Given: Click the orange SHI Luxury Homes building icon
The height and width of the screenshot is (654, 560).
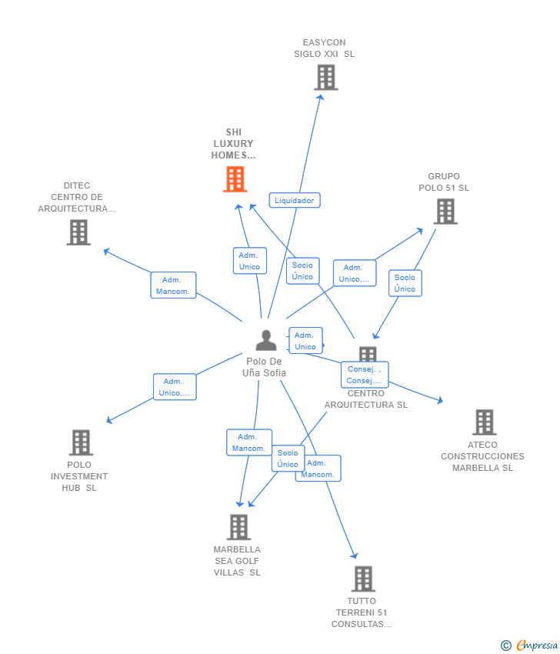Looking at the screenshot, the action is (x=235, y=179).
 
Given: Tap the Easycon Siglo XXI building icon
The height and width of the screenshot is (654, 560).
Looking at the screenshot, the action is (x=326, y=77).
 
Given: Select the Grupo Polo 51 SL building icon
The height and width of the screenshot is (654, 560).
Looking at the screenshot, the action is (x=445, y=211).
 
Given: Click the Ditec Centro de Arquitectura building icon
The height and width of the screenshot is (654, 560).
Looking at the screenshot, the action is (x=78, y=232).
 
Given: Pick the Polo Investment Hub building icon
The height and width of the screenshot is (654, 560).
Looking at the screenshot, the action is (x=81, y=442).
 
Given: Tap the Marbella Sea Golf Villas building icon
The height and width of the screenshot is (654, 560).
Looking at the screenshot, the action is (x=239, y=527).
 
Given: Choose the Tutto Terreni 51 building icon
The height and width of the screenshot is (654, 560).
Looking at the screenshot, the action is (x=363, y=579).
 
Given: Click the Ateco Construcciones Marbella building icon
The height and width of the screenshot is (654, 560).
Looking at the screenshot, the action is (x=484, y=422).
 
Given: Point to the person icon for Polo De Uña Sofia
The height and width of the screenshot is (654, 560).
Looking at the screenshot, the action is (x=266, y=340).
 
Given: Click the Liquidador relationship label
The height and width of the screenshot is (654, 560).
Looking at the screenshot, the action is (x=295, y=200).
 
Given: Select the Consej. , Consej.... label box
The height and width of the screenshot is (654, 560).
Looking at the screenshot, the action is (x=365, y=375).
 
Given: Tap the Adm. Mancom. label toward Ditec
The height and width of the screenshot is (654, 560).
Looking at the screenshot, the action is (x=173, y=285).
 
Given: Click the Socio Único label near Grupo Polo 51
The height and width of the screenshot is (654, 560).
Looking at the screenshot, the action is (x=405, y=283).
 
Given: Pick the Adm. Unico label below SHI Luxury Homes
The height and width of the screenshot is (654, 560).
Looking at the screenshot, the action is (x=250, y=261).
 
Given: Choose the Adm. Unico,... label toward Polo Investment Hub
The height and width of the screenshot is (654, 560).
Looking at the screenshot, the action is (x=175, y=387).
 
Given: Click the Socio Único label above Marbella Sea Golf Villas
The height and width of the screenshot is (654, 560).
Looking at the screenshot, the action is (x=288, y=459).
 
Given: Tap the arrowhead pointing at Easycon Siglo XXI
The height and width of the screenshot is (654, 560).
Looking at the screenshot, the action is (x=320, y=98).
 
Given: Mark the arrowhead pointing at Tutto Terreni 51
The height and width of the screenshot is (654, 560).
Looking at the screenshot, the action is (x=355, y=556).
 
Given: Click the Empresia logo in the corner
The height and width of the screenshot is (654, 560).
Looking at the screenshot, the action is (x=530, y=646).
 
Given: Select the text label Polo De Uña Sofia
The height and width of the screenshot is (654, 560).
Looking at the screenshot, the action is (x=265, y=367).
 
